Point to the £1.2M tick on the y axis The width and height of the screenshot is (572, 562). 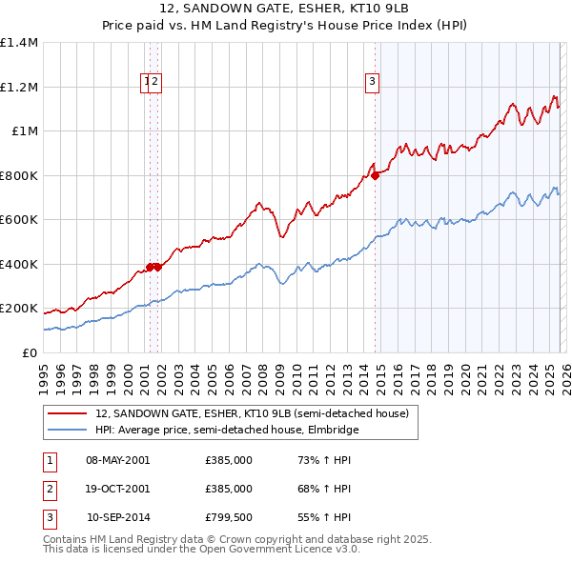[19, 87]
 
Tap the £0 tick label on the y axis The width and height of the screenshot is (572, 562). [29, 352]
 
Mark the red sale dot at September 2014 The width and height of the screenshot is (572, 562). [376, 175]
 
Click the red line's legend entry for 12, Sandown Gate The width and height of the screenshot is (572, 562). [252, 413]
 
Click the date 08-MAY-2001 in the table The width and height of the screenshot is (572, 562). [117, 460]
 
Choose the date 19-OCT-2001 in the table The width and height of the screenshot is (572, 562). [117, 489]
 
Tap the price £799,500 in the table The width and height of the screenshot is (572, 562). [229, 517]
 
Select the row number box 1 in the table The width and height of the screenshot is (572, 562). [49, 460]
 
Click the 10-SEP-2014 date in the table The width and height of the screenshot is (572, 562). [118, 517]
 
